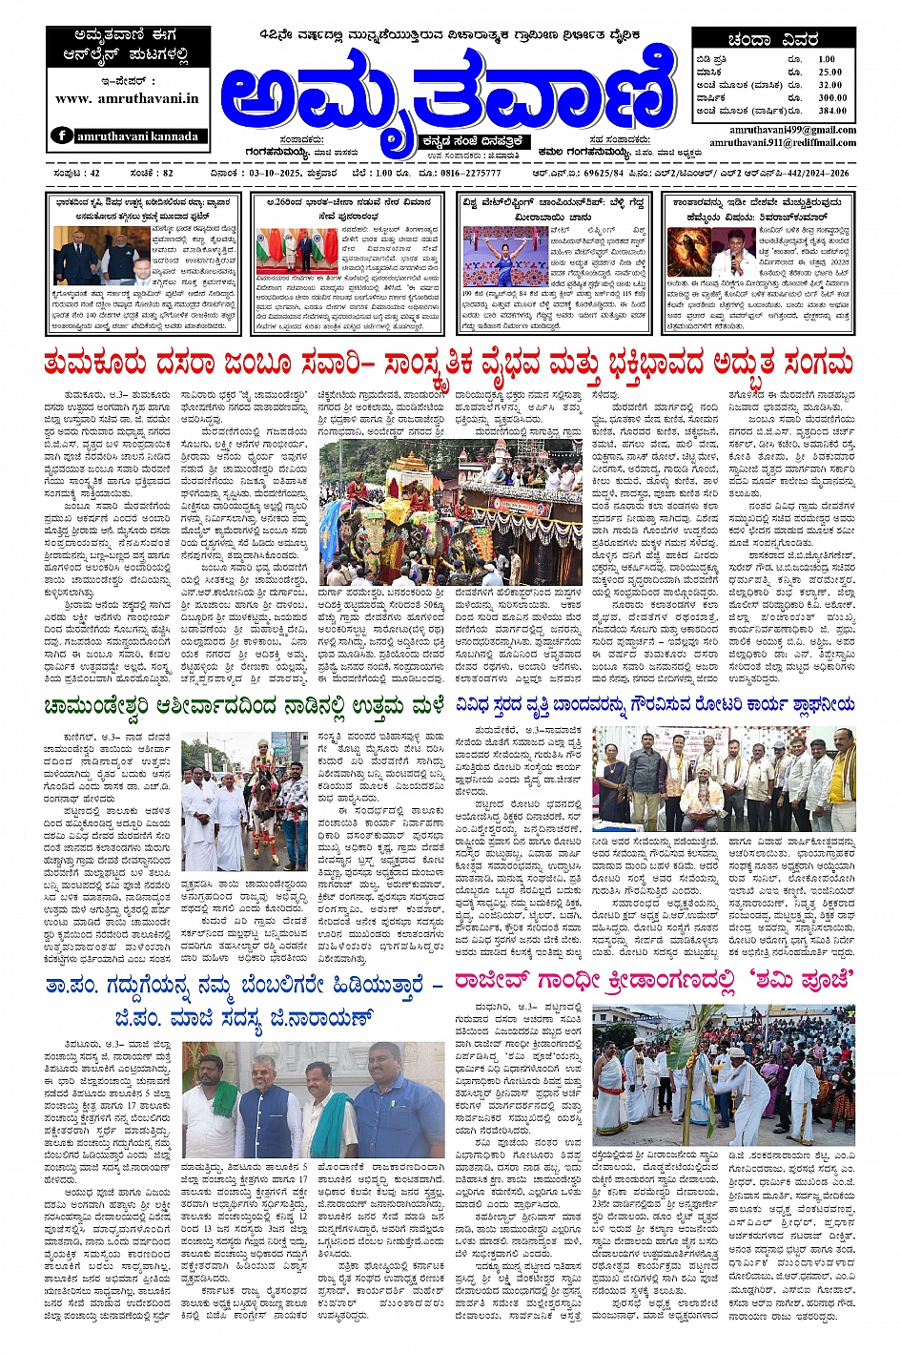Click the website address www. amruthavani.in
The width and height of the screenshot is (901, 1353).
click(x=127, y=98)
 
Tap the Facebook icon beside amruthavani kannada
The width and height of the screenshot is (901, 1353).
click(x=63, y=135)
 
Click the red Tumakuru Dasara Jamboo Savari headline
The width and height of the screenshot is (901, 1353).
click(x=449, y=364)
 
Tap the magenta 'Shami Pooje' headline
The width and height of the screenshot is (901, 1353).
click(x=653, y=980)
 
